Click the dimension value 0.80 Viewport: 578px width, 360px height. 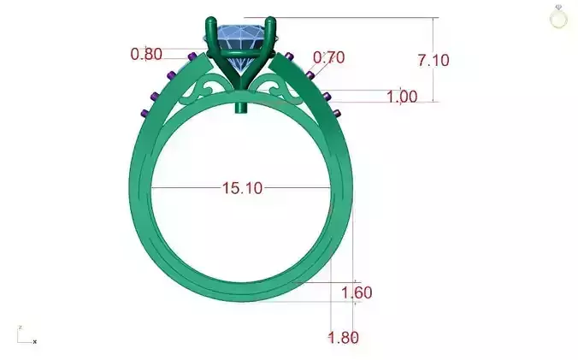tap(145, 54)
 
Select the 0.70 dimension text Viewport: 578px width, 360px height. tap(329, 58)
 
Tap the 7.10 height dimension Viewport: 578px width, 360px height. tap(433, 60)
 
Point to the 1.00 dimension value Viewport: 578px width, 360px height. tap(402, 97)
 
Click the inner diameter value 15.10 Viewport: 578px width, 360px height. tap(242, 188)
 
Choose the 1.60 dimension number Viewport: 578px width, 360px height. tap(356, 293)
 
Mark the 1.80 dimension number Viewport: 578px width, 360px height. tap(344, 337)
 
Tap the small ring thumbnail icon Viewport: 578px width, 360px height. tap(558, 16)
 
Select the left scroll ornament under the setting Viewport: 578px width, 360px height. tap(208, 88)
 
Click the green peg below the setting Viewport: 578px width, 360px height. tap(242, 108)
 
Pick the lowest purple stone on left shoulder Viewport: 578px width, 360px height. tap(144, 112)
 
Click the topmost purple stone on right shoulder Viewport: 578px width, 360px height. tap(291, 57)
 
